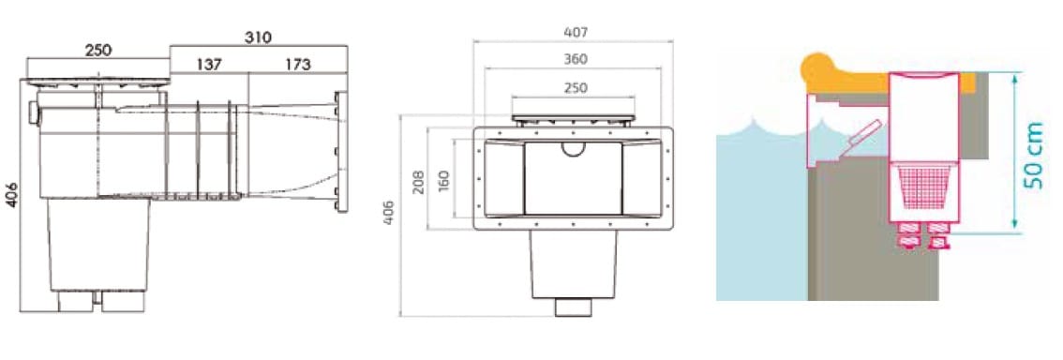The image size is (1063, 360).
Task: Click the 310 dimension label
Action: (x=258, y=37)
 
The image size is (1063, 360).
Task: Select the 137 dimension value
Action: (x=209, y=65)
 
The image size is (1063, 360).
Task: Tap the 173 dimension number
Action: (x=297, y=65)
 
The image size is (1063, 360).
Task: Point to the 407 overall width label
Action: (x=576, y=32)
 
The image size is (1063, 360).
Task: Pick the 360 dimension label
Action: (x=576, y=59)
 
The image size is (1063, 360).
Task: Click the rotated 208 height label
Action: (x=418, y=182)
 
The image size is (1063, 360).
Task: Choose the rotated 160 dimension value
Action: (x=443, y=182)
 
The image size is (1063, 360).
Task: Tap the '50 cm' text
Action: (x=1033, y=156)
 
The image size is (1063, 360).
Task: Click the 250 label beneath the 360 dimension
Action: (x=576, y=87)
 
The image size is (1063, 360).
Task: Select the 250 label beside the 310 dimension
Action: (x=98, y=51)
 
